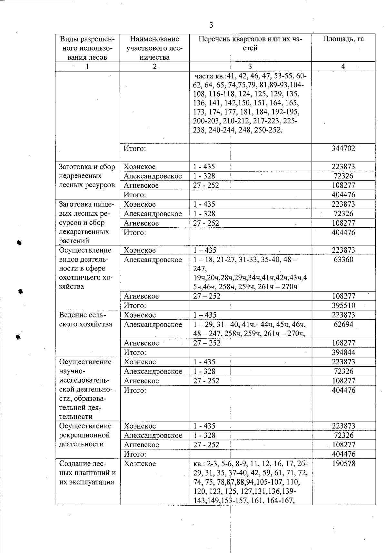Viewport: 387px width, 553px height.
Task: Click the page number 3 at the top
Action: click(211, 25)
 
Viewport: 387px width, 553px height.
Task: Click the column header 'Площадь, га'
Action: click(343, 39)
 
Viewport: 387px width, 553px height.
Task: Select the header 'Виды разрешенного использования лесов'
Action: click(87, 48)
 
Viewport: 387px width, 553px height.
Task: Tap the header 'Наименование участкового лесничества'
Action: click(154, 48)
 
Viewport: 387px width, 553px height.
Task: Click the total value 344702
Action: click(343, 148)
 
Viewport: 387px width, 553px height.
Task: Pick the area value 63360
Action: click(343, 260)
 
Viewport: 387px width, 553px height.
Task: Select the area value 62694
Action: click(343, 324)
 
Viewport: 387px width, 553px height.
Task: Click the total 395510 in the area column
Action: click(343, 305)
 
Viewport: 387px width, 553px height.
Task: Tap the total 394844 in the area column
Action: click(343, 352)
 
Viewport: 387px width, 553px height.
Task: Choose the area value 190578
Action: click(343, 464)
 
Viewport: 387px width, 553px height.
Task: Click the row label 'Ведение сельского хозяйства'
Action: click(86, 320)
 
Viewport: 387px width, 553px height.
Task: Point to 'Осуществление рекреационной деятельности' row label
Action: click(85, 435)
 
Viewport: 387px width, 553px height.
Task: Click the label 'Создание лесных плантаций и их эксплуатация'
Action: click(87, 473)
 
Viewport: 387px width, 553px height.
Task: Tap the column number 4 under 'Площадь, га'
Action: click(343, 66)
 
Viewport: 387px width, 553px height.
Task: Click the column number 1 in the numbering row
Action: click(87, 66)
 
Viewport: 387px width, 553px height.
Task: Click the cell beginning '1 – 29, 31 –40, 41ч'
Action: click(250, 329)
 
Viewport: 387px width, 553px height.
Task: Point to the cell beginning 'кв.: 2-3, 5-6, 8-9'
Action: click(250, 482)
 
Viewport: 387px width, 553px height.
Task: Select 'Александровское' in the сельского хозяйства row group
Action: click(153, 325)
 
